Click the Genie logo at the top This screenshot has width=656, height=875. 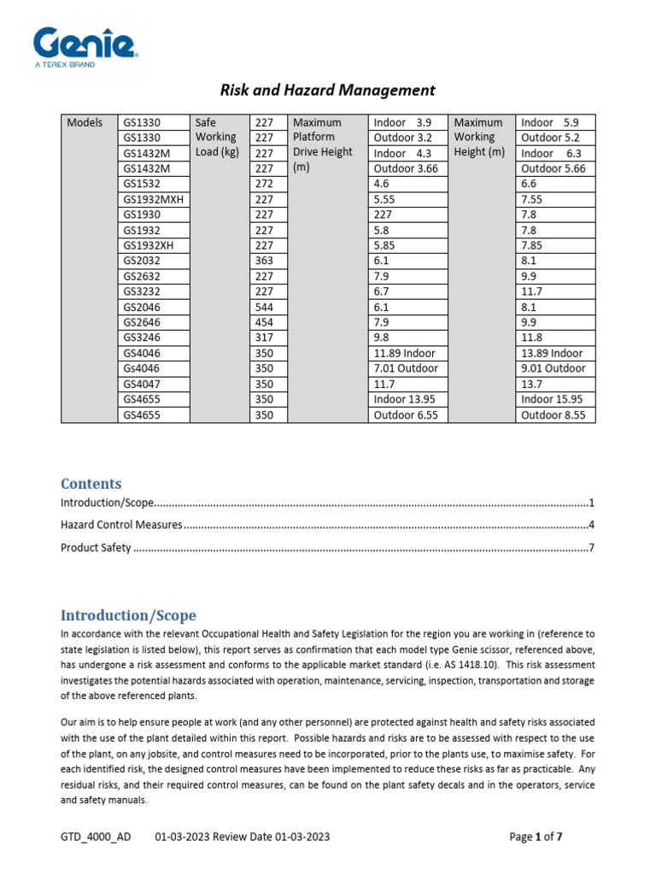pos(86,44)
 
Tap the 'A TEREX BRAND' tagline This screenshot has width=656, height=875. pos(64,65)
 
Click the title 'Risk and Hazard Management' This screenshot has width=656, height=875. pos(328,90)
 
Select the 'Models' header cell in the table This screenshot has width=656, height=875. pos(85,122)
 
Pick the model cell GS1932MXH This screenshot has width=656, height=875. pos(154,199)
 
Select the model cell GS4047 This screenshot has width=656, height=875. pos(141,384)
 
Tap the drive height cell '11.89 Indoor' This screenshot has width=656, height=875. pos(404,353)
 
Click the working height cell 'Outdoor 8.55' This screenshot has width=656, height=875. pos(553,414)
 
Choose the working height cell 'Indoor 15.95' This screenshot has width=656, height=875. pos(553,399)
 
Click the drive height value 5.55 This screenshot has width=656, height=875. pos(388,199)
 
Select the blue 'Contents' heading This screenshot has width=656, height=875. pos(91,484)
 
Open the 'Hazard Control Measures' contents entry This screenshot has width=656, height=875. pos(120,525)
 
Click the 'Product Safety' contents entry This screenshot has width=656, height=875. pos(96,548)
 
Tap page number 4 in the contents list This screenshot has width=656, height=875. pos(590,525)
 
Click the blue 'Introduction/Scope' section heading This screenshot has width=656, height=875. pos(128,615)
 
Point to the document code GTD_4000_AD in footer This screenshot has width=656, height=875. pos(96,837)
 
